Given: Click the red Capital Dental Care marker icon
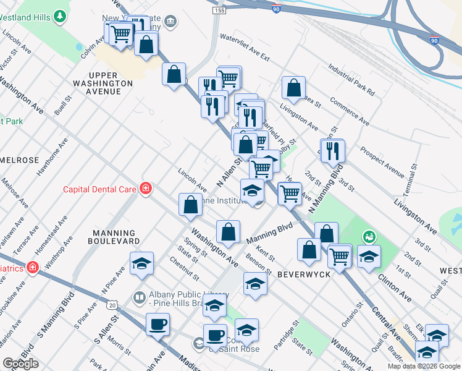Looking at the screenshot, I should point(146,188).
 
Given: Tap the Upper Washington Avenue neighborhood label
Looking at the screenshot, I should point(103,83).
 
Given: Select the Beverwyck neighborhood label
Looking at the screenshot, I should point(301,273).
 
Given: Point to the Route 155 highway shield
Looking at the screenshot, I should point(218,11).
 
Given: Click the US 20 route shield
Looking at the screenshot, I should point(111,305).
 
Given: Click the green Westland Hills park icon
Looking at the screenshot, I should point(60,15).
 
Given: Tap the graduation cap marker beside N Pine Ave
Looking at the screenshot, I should point(141,263).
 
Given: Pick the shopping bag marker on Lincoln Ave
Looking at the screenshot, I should point(191,204).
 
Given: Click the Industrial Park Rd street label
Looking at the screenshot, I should point(351,80).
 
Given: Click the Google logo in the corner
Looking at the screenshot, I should point(21,364).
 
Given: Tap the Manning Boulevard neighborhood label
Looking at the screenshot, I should point(113,236).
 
